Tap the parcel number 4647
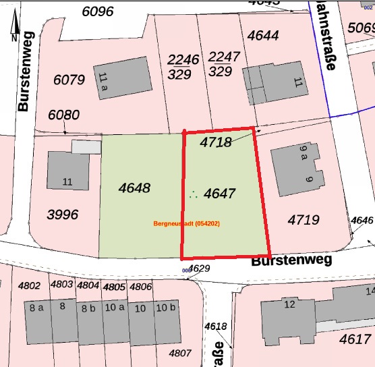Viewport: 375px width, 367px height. pyautogui.click(x=219, y=194)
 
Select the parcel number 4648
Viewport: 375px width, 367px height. pyautogui.click(x=134, y=188)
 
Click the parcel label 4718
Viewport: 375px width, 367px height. pyautogui.click(x=216, y=142)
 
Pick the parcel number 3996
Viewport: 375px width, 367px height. pyautogui.click(x=63, y=215)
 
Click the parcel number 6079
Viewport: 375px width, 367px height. pyautogui.click(x=69, y=80)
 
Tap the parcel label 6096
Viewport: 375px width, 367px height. pyautogui.click(x=98, y=11)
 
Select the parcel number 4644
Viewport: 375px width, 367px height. pyautogui.click(x=263, y=35)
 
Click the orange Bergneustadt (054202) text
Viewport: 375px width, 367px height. pyautogui.click(x=187, y=223)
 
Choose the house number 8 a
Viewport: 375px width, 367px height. pyautogui.click(x=36, y=308)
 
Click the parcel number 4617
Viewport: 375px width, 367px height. pyautogui.click(x=355, y=339)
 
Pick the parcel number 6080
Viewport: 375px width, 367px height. pyautogui.click(x=63, y=114)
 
